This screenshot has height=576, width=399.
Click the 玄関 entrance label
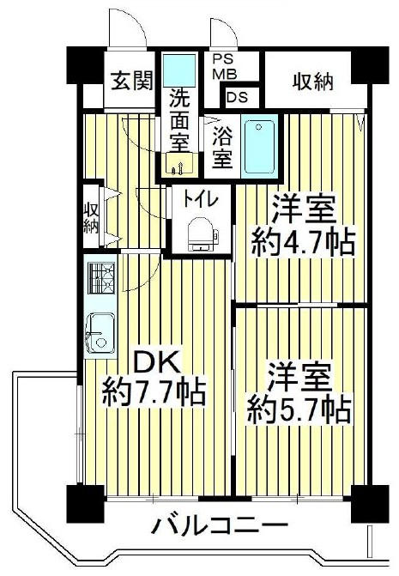(132, 81)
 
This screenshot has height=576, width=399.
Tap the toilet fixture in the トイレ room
(201, 233)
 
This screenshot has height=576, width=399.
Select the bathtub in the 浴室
(259, 146)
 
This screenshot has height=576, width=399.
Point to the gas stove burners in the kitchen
(101, 278)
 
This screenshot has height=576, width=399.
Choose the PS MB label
(226, 67)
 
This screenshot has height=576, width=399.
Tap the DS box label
(237, 97)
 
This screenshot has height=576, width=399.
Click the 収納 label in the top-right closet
(312, 82)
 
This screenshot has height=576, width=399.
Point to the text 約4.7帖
(303, 242)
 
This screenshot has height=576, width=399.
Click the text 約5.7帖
(299, 409)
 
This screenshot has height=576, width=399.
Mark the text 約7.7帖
(154, 393)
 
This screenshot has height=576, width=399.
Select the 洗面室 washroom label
(179, 121)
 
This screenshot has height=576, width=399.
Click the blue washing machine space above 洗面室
(179, 70)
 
